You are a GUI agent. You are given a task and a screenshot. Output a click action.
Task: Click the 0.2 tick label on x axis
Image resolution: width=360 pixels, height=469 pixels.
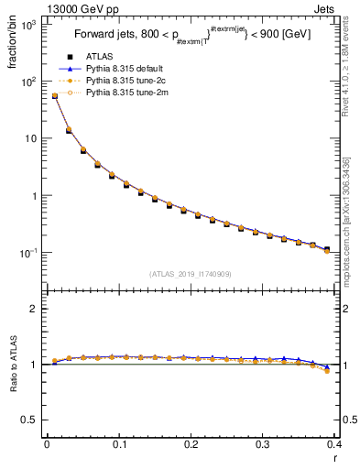[x=191, y=444]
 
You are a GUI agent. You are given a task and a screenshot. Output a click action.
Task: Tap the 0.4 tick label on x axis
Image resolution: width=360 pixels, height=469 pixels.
[x=335, y=444]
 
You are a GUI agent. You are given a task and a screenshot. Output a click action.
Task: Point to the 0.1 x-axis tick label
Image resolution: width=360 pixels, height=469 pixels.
[x=118, y=444]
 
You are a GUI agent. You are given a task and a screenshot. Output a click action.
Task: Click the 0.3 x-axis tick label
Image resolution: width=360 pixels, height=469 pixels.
[x=263, y=444]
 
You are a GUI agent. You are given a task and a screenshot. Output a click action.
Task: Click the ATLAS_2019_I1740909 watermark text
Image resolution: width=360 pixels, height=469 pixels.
[x=191, y=274]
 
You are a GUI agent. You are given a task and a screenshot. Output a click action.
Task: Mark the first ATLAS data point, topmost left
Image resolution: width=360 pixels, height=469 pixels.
[x=54, y=96]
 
